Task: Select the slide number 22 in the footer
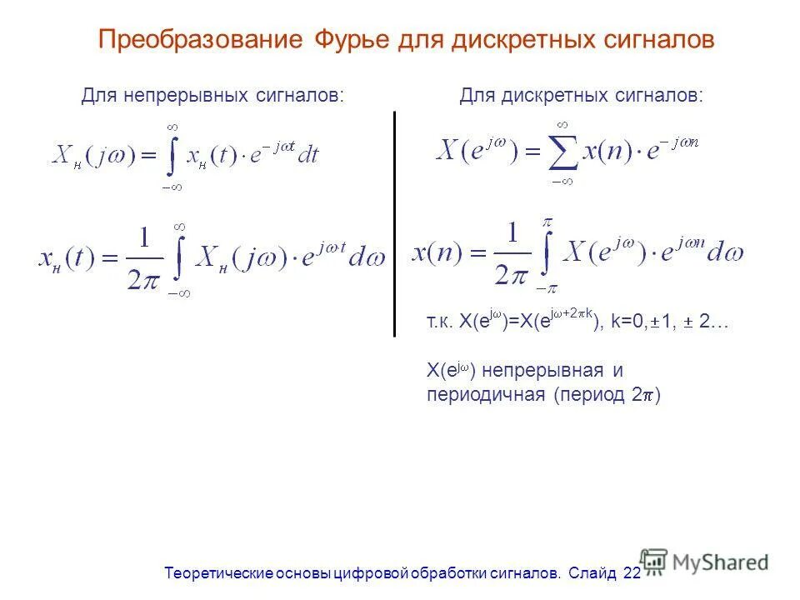[632, 573]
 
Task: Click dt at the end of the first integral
[308, 155]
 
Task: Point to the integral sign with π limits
[547, 255]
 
